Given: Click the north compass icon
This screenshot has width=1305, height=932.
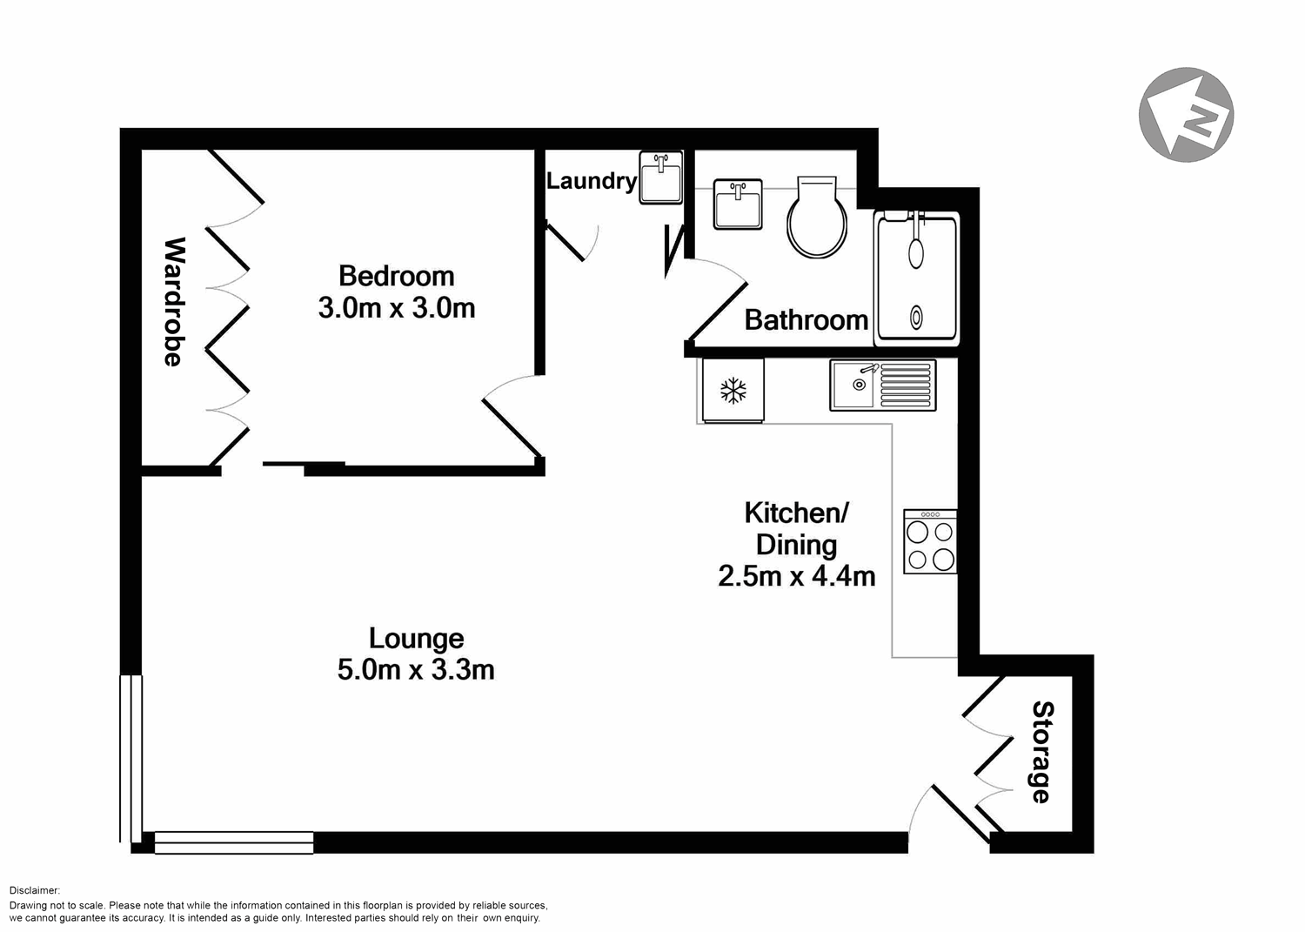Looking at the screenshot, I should click(x=1186, y=114).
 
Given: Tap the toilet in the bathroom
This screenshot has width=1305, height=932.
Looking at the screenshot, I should click(x=817, y=218).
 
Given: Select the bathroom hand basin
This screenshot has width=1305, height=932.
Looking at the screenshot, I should click(x=738, y=205).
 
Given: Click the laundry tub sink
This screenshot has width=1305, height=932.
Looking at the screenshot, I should click(x=661, y=178).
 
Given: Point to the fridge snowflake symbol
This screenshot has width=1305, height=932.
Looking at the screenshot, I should click(x=733, y=391).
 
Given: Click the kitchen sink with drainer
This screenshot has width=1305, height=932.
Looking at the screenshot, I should click(x=882, y=385).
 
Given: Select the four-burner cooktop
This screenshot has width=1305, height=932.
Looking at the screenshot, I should click(x=930, y=541).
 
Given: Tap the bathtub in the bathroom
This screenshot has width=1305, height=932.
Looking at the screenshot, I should click(x=917, y=278).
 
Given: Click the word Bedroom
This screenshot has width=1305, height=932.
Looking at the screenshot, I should click(x=396, y=276).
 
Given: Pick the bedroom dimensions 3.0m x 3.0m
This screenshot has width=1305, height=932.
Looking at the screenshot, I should click(x=396, y=308).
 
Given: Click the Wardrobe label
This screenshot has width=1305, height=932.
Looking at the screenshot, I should click(x=174, y=301).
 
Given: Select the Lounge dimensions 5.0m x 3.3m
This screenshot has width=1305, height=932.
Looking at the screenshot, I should click(x=416, y=669).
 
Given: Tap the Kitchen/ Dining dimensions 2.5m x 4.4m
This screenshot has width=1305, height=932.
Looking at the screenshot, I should click(x=796, y=576).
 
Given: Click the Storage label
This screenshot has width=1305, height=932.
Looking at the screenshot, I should click(x=1041, y=752).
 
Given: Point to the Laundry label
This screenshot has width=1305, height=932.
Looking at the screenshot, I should click(x=591, y=181).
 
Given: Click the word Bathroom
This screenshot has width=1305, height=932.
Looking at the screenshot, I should click(x=806, y=320).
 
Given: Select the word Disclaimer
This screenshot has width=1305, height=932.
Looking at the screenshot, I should click(x=35, y=890).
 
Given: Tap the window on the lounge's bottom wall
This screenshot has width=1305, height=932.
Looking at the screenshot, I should click(x=233, y=842).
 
